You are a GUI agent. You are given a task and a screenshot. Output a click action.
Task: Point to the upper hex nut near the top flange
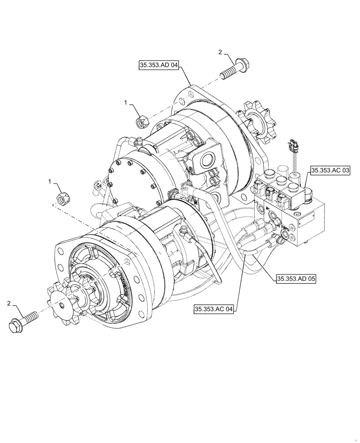pyautogui.click(x=140, y=120)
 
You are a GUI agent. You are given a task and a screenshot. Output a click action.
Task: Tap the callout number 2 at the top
pyautogui.click(x=220, y=52)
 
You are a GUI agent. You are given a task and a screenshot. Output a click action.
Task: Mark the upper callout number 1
pyautogui.click(x=125, y=102)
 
